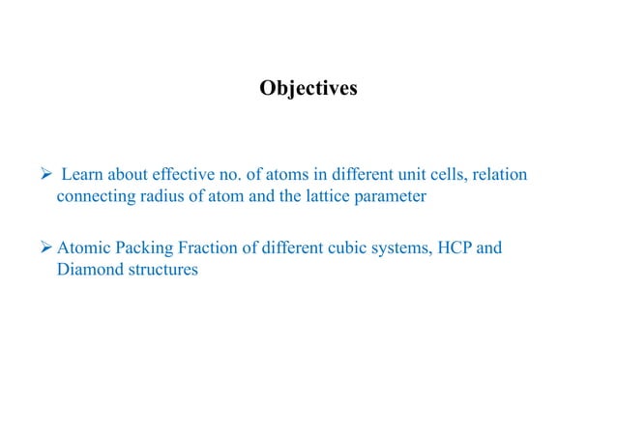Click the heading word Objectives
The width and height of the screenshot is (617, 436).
click(308, 89)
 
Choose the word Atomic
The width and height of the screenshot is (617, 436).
click(84, 247)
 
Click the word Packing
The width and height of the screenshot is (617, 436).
click(148, 248)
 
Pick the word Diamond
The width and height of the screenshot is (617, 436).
click(91, 270)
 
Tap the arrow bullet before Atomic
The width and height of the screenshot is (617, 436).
click(44, 247)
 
